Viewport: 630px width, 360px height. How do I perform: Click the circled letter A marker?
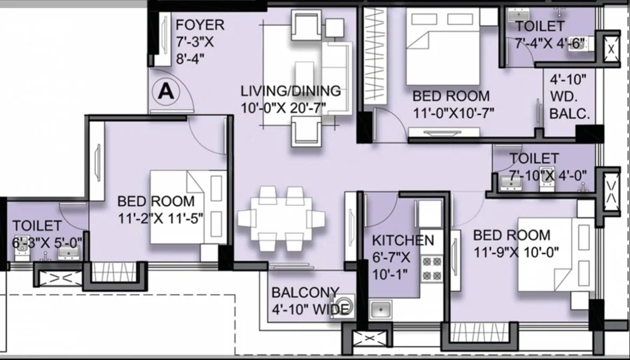click(x=166, y=92)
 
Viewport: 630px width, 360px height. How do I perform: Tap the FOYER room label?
click(x=199, y=25)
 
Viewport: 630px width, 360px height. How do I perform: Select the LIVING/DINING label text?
click(x=290, y=91)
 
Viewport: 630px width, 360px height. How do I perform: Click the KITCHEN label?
click(x=402, y=240)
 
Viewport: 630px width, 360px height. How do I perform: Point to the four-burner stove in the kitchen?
click(x=431, y=268)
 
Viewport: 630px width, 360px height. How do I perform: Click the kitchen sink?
click(x=380, y=309)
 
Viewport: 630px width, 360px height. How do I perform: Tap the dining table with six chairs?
click(x=281, y=219)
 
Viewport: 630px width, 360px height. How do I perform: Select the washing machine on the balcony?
click(x=342, y=306)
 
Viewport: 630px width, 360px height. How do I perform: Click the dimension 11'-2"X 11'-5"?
click(x=160, y=219)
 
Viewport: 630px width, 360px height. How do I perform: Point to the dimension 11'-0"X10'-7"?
click(x=454, y=113)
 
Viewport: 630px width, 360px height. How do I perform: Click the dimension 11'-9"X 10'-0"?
click(x=516, y=252)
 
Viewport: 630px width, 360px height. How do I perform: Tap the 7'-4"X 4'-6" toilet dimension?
click(x=549, y=43)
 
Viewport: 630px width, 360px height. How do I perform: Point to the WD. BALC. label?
click(x=570, y=105)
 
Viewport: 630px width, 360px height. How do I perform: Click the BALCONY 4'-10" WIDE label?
click(x=310, y=300)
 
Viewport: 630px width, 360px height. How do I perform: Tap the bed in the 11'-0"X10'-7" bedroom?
click(x=443, y=47)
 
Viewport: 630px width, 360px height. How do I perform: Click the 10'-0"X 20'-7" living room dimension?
click(x=283, y=108)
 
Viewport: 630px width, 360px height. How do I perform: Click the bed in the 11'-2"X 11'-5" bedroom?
click(x=189, y=207)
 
